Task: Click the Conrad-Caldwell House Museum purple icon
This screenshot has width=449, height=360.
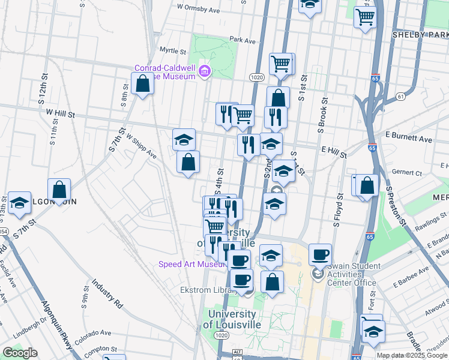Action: (x=205, y=71)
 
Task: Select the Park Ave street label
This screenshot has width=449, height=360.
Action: (x=243, y=40)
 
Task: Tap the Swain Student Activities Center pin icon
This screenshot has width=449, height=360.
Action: (x=318, y=274)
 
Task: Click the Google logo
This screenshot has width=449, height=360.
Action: (x=20, y=353)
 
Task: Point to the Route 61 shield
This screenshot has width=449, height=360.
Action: (x=400, y=96)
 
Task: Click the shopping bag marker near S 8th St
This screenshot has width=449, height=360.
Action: (x=143, y=83)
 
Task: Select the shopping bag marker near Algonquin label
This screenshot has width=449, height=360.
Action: (x=59, y=189)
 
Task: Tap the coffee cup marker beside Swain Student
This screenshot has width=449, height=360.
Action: (x=321, y=254)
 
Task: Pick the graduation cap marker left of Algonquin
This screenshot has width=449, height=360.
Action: (x=20, y=203)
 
